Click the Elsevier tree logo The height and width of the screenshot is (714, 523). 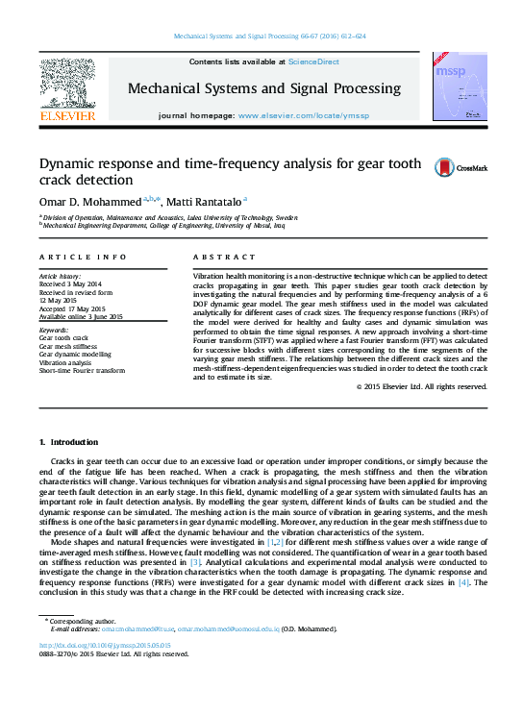click(x=67, y=84)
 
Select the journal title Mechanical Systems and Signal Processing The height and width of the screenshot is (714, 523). click(x=264, y=88)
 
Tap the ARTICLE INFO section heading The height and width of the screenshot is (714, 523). click(x=83, y=258)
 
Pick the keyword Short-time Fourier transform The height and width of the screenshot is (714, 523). click(x=82, y=370)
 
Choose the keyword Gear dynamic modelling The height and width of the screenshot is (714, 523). click(x=75, y=355)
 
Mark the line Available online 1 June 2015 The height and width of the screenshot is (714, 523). click(x=81, y=315)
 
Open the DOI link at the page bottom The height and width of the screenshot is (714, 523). click(x=105, y=645)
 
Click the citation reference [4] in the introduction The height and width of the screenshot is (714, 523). click(x=463, y=582)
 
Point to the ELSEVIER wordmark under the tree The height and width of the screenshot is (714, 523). click(x=67, y=116)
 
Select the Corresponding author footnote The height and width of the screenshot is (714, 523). click(x=79, y=621)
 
